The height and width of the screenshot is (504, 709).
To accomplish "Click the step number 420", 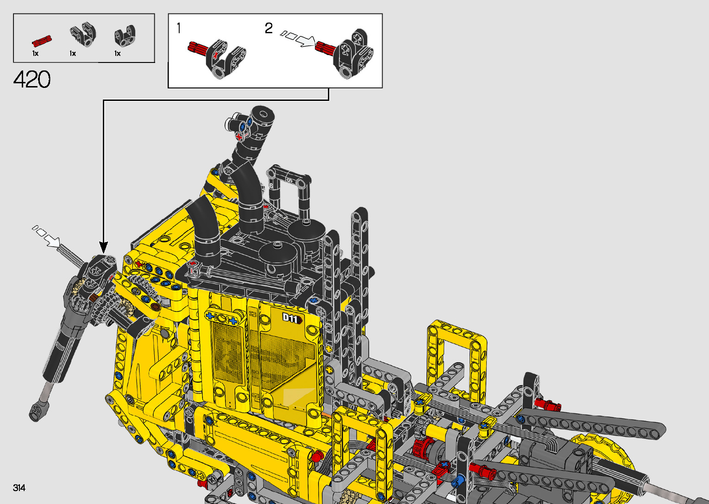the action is tap(32, 79).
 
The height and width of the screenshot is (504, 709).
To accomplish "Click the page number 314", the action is tap(19, 488).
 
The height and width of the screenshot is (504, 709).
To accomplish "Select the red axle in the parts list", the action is tap(42, 41).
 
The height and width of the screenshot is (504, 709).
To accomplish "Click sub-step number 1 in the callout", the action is tap(179, 28).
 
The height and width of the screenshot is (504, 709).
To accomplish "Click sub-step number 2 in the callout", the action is tap(269, 28).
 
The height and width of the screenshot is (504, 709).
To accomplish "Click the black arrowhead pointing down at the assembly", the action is tap(103, 247).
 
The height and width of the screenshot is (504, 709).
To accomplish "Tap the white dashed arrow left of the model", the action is tap(46, 236).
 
